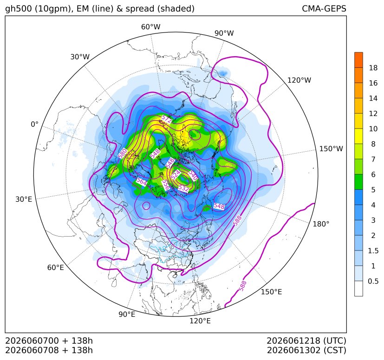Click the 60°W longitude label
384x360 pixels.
click(150, 27)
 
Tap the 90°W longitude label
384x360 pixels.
click(224, 33)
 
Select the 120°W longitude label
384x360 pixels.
click(299, 80)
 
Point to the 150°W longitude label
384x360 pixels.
click(331, 148)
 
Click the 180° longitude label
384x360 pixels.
click(321, 224)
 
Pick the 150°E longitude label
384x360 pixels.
click(271, 292)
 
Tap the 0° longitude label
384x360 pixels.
click(34, 124)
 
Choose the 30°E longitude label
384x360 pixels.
click(24, 199)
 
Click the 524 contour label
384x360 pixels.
click(176, 175)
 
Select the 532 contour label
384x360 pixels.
click(183, 188)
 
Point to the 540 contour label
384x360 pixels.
click(193, 175)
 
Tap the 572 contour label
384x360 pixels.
click(167, 119)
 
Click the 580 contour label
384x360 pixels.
click(123, 154)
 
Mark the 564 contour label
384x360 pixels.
click(142, 181)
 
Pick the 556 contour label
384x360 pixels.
click(166, 185)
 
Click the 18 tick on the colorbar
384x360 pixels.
click(373, 68)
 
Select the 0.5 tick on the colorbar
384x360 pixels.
click(373, 281)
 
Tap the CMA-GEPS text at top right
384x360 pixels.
click(324, 8)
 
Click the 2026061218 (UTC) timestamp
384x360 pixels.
click(306, 341)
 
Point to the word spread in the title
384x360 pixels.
click(139, 9)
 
